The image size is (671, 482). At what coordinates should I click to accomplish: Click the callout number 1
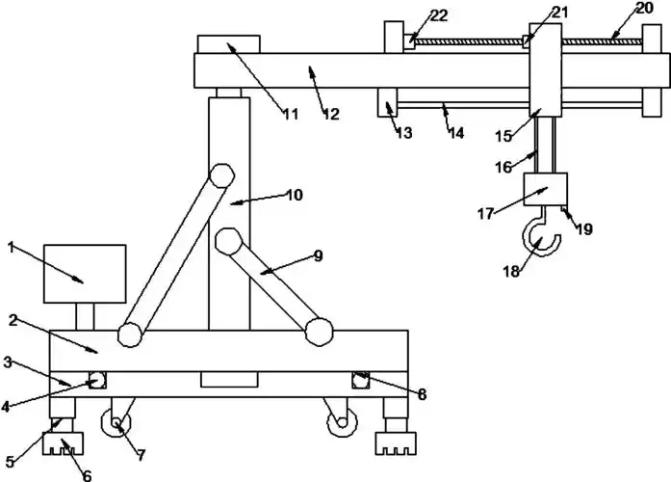point(11,248)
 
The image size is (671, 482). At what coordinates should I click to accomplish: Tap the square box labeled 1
point(85,274)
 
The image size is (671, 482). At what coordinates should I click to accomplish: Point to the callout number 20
point(644,9)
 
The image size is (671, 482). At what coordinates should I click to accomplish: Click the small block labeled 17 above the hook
point(544,189)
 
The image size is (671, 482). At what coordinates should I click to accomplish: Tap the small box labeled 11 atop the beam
point(229,44)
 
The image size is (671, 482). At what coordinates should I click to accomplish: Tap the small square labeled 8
point(361,382)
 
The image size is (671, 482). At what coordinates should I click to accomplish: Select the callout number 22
point(438,14)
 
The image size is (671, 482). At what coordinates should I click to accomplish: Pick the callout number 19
point(584,229)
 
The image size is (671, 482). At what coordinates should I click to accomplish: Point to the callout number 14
point(456,133)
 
